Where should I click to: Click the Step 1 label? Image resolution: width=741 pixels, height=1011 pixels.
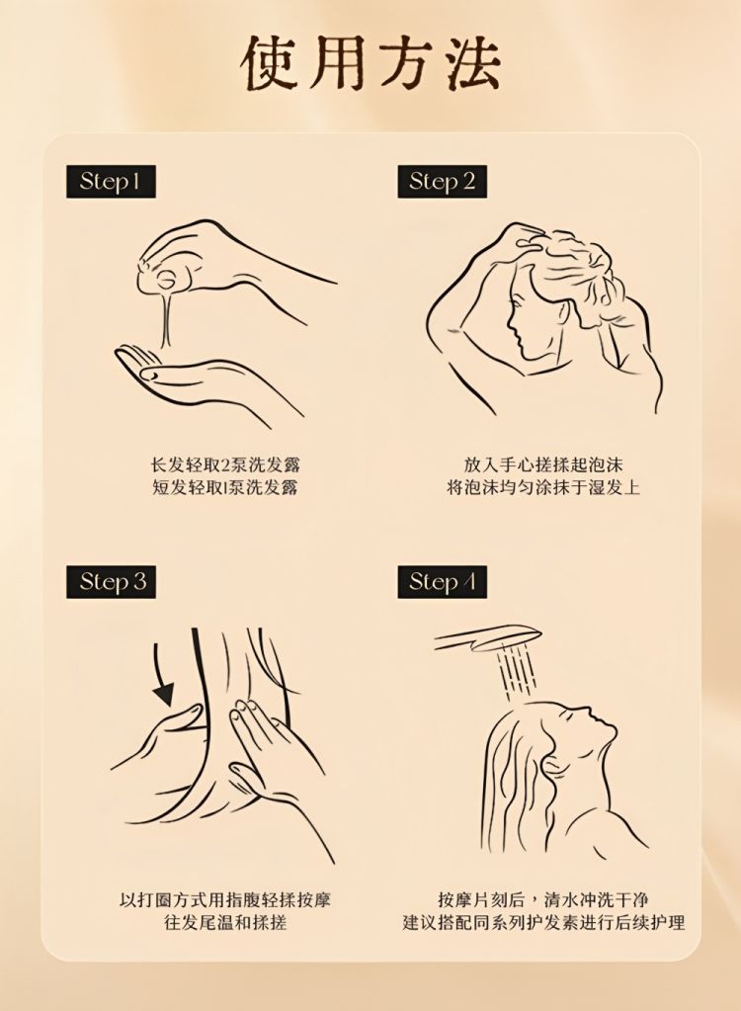coord(111,181)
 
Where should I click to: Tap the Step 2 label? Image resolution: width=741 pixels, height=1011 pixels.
coord(442,181)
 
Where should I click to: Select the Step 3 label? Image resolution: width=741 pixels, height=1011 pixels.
coord(111,582)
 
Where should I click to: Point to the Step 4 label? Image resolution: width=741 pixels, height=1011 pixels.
coord(442,582)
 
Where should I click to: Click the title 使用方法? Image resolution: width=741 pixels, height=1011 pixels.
coord(370,62)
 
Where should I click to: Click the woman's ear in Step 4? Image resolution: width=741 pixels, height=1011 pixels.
coord(555,765)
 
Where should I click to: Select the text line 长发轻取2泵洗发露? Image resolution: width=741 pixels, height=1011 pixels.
coord(225,464)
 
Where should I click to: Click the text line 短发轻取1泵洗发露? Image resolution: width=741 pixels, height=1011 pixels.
coord(225,487)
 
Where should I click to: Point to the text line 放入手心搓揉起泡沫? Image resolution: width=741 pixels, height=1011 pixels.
coord(543,464)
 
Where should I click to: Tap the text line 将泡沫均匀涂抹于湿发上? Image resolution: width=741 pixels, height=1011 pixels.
coord(543,487)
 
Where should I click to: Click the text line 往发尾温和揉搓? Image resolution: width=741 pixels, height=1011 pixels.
coord(225,922)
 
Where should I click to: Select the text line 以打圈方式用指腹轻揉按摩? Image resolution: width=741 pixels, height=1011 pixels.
coord(225,899)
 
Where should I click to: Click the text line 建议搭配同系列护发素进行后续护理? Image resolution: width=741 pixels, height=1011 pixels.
coord(543,922)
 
